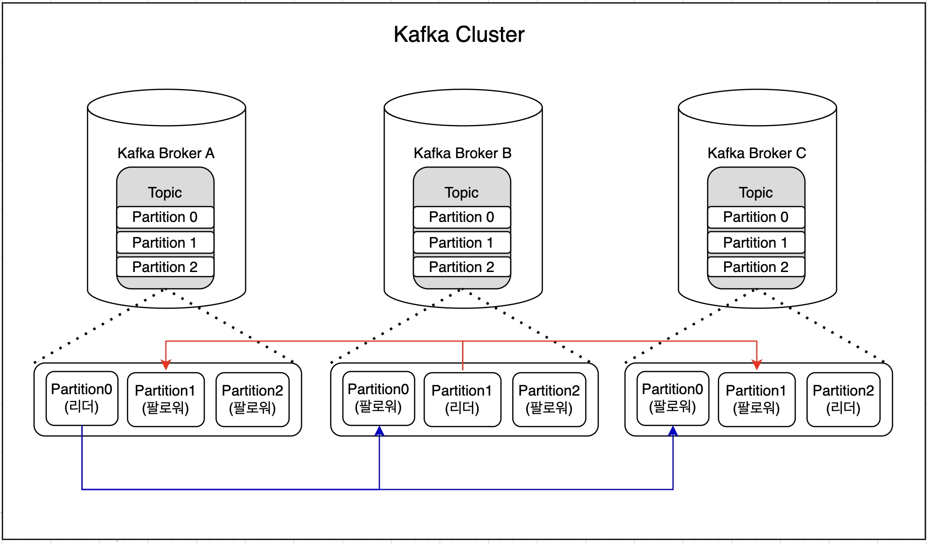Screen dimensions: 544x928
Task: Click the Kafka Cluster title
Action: click(x=459, y=35)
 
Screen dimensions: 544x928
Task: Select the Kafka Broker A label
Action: click(x=166, y=153)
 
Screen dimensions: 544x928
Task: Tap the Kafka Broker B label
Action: click(x=463, y=153)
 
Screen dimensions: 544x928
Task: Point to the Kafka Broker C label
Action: click(x=757, y=153)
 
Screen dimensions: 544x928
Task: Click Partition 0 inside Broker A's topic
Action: click(x=165, y=217)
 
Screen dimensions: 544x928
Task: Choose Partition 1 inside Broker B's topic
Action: click(x=462, y=242)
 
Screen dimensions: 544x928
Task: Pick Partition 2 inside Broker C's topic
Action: click(x=756, y=267)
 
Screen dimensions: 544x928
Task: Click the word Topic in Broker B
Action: click(x=462, y=193)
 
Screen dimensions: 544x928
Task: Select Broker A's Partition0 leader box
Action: click(x=82, y=398)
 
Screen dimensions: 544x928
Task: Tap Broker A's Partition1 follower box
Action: click(x=165, y=399)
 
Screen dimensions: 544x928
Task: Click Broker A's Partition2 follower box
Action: click(x=252, y=399)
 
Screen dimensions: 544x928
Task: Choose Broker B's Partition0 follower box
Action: click(x=378, y=398)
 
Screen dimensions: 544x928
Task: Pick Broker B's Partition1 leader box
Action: click(x=462, y=399)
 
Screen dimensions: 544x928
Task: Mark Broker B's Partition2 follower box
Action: click(x=549, y=399)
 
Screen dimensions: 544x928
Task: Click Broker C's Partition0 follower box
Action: click(x=673, y=398)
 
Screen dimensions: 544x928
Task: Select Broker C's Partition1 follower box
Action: click(x=756, y=399)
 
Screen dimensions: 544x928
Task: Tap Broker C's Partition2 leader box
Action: click(x=843, y=399)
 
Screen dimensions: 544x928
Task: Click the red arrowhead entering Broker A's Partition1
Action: click(x=166, y=365)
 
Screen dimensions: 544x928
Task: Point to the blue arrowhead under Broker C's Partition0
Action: click(x=673, y=431)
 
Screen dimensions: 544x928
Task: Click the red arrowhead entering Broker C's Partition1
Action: click(x=757, y=365)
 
